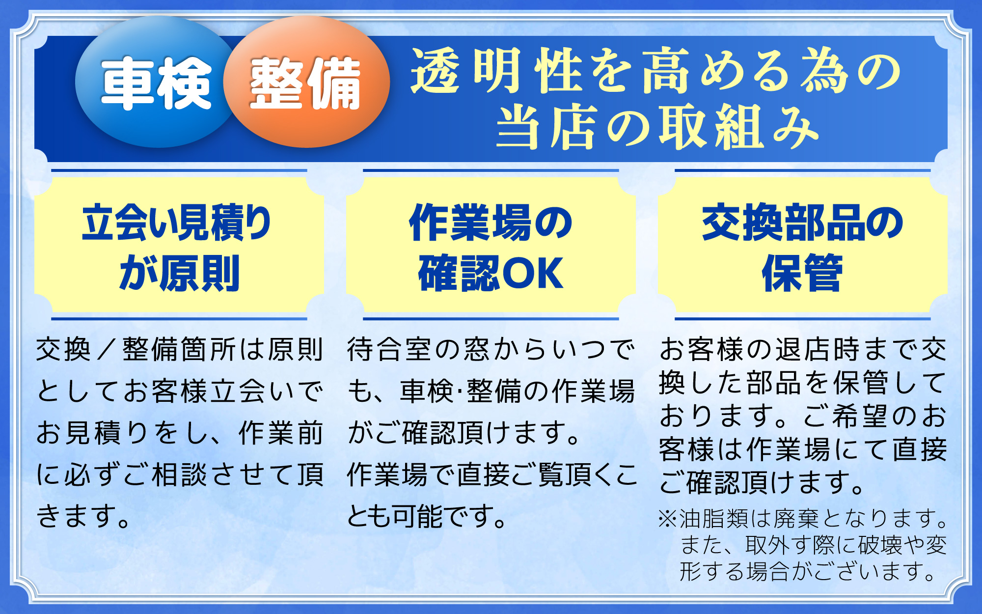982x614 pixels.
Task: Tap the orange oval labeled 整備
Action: (306, 82)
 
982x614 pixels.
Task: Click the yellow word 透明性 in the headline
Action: (496, 70)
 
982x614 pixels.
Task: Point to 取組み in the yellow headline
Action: (739, 127)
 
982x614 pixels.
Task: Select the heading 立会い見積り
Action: (177, 223)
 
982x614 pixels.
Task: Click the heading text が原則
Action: (179, 273)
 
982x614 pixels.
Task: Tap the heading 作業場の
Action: (491, 223)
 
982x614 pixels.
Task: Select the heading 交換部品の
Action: (803, 223)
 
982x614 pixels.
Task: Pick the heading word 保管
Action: (802, 273)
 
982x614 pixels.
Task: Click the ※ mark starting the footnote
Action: (668, 519)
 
